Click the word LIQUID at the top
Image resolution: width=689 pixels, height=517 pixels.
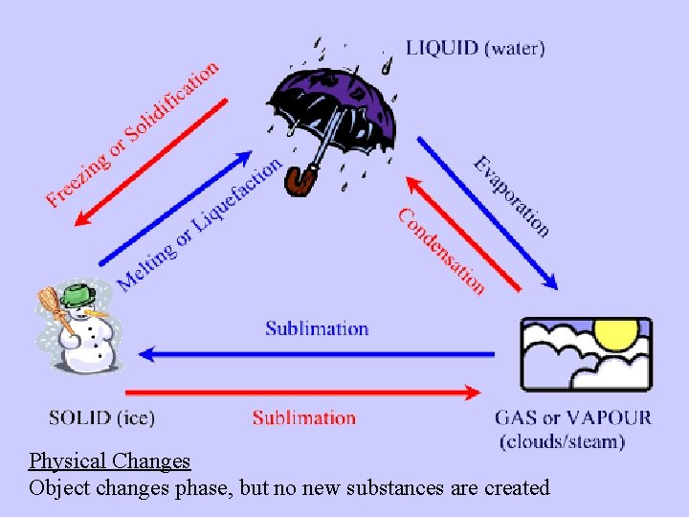tap(441, 49)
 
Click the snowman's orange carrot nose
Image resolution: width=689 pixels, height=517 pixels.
tap(97, 313)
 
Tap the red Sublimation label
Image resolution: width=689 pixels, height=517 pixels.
tap(304, 417)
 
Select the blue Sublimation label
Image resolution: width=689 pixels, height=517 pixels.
tap(317, 328)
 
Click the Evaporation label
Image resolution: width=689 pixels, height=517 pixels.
tap(512, 196)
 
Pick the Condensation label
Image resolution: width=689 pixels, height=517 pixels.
tap(441, 252)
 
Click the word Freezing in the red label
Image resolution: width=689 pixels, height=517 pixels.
tap(78, 180)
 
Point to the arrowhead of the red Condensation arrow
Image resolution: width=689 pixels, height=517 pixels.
tap(413, 185)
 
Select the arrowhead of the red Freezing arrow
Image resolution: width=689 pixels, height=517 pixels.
tap(83, 217)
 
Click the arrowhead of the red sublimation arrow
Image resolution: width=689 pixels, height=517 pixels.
tap(473, 393)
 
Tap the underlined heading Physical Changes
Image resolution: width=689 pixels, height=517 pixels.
tap(110, 461)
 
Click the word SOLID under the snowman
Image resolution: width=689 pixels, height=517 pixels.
tap(79, 417)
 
